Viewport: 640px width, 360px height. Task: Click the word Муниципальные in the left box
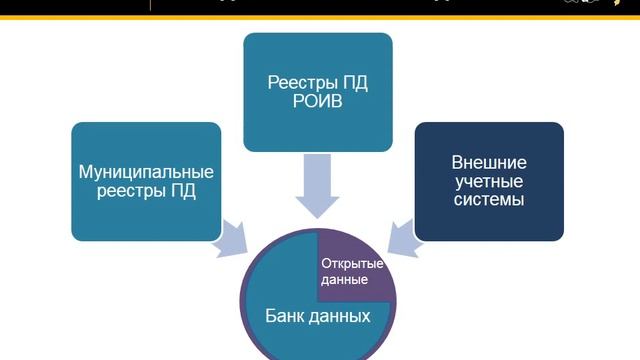click(146, 171)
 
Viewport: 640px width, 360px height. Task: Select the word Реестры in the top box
click(291, 83)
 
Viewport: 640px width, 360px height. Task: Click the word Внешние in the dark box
click(489, 162)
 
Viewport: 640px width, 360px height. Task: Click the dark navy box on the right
click(489, 181)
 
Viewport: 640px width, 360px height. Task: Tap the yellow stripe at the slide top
click(320, 16)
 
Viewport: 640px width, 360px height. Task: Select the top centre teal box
click(318, 92)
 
